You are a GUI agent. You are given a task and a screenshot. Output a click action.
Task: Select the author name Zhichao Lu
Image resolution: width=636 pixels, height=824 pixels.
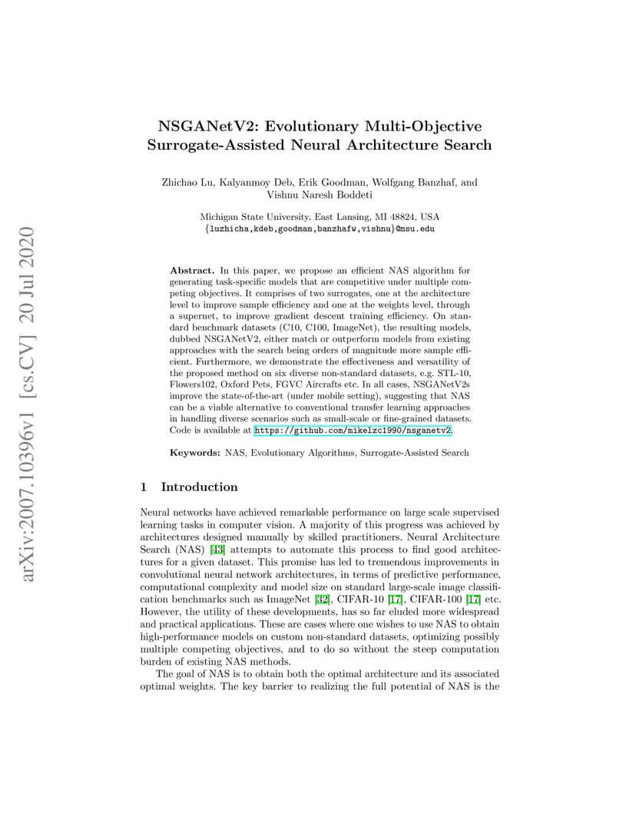tap(188, 183)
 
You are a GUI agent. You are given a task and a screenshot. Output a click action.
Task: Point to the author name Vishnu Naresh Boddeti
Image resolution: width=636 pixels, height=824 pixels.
tap(319, 195)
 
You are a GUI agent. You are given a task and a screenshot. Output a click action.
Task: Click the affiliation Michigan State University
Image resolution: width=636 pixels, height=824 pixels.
tap(254, 217)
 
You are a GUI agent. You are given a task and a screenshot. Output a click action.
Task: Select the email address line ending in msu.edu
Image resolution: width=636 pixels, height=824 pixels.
tap(319, 228)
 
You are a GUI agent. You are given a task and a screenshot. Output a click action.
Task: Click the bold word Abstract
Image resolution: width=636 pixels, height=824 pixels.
tap(192, 271)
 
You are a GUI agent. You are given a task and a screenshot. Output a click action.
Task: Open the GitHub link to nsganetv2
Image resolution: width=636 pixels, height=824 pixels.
tap(353, 432)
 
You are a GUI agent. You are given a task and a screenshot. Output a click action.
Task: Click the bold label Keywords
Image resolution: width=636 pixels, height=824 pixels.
tap(195, 453)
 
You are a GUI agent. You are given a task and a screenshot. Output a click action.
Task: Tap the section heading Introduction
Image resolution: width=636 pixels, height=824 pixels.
tap(199, 487)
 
